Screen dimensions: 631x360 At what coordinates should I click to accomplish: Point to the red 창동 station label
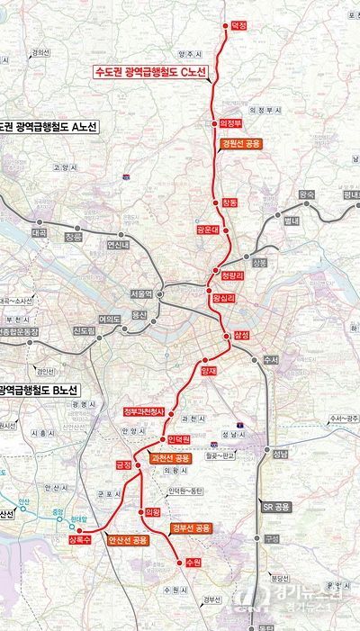click(230, 203)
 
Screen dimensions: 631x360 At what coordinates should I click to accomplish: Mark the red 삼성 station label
click(240, 335)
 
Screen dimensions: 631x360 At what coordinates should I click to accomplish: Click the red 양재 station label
click(209, 370)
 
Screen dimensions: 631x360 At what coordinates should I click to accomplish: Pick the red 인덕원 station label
click(179, 439)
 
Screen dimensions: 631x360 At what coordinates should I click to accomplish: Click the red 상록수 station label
click(79, 540)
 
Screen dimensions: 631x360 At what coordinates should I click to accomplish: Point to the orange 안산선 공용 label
click(127, 540)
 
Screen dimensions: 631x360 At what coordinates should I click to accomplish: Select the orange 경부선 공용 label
click(190, 527)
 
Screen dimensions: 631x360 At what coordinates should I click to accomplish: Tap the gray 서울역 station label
click(141, 294)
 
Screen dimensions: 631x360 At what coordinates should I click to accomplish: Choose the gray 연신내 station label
click(119, 244)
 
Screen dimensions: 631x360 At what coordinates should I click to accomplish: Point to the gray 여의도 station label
click(110, 318)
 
